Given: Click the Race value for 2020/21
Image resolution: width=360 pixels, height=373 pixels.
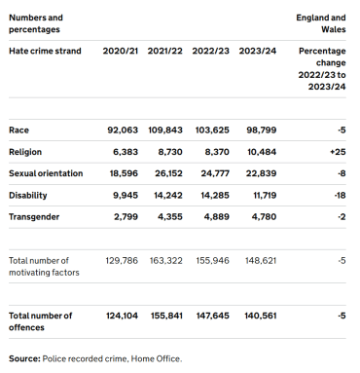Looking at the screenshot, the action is [123, 131].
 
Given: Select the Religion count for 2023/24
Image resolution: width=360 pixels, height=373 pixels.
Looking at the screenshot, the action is [262, 152].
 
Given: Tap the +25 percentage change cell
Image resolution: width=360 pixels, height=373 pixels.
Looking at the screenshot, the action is [338, 152].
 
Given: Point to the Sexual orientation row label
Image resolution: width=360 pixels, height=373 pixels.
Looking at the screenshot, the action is [46, 173].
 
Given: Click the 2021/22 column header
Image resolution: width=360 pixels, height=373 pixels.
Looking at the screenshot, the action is [164, 51].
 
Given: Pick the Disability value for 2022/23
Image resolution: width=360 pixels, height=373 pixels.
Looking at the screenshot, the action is [215, 195].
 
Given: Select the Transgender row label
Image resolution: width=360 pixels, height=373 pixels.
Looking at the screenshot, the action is [34, 217].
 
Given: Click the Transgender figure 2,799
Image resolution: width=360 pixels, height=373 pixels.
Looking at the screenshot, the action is [126, 217].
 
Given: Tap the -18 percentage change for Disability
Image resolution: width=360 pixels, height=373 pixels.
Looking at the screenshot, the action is [340, 195].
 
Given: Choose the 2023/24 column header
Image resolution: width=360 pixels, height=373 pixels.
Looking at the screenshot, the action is [258, 51].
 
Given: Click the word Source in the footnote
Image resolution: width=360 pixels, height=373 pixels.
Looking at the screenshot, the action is [24, 358].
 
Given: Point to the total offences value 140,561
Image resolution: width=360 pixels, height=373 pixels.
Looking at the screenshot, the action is [261, 316].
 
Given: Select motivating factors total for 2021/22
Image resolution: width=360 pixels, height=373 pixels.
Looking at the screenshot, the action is [165, 261].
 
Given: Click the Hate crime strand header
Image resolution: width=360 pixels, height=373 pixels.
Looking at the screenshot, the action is [45, 51].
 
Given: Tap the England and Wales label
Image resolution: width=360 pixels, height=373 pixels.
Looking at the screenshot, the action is [321, 23].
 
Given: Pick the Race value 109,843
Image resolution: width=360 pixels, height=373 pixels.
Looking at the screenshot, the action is [165, 131].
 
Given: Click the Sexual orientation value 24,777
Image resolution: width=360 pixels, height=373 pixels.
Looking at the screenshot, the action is [215, 173].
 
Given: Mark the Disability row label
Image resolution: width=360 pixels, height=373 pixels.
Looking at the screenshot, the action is [28, 195].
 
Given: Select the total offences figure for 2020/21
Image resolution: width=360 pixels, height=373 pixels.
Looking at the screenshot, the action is [122, 316].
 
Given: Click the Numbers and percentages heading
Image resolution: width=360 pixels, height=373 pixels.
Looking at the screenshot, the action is [36, 23].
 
